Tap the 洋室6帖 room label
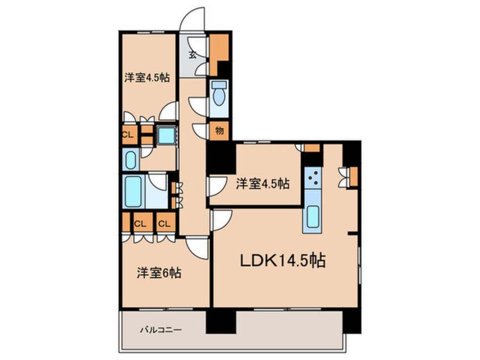(x=158, y=273)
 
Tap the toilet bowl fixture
(x=218, y=97)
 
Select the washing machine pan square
(x=166, y=137)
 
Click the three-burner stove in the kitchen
(x=312, y=181)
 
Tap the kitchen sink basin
(x=313, y=217)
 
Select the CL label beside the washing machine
(x=129, y=135)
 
